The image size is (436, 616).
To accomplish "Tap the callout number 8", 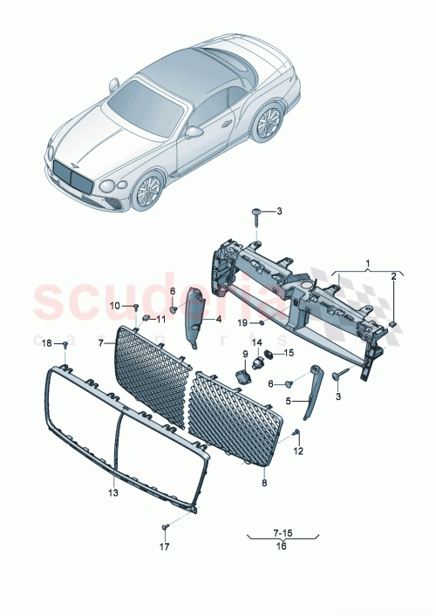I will pos(265,482).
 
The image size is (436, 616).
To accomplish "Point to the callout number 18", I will pos(48,343).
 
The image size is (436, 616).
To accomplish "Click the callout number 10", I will pos(115,305).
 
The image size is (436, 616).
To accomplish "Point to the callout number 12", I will pos(298,451).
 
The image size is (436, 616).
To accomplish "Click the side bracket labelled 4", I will pos(194,314).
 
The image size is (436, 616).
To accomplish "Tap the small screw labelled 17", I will pos(164,528).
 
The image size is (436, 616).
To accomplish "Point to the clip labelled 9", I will pos(244,376).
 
